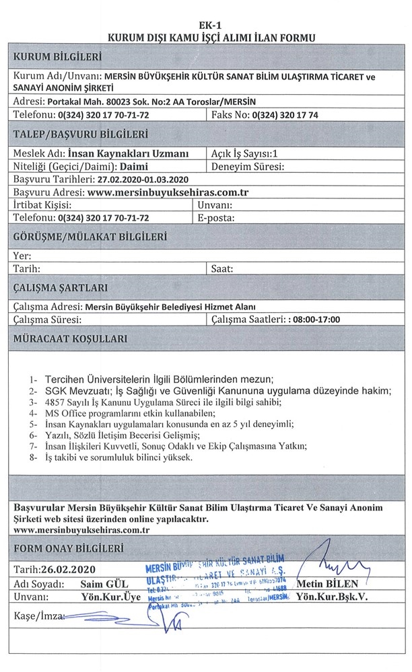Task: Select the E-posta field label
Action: (x=215, y=218)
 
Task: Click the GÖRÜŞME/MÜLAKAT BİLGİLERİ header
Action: (x=88, y=237)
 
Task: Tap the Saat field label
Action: (x=222, y=268)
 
